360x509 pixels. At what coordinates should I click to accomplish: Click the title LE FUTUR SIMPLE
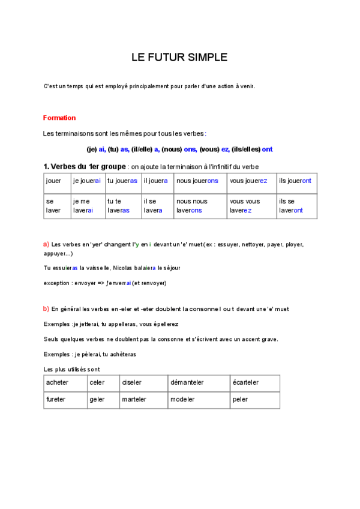(179, 58)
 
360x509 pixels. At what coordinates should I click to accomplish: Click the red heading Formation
(59, 118)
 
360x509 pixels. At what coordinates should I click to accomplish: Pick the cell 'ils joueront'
(295, 181)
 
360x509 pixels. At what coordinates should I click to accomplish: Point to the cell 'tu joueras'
(122, 181)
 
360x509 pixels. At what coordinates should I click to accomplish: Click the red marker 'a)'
(46, 244)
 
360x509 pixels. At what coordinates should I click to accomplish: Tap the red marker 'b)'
(46, 309)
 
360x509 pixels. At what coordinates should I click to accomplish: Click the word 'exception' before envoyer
(58, 283)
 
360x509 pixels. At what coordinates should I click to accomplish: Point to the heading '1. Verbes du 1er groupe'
(85, 166)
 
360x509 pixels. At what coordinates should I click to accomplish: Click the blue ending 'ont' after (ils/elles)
(268, 149)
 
